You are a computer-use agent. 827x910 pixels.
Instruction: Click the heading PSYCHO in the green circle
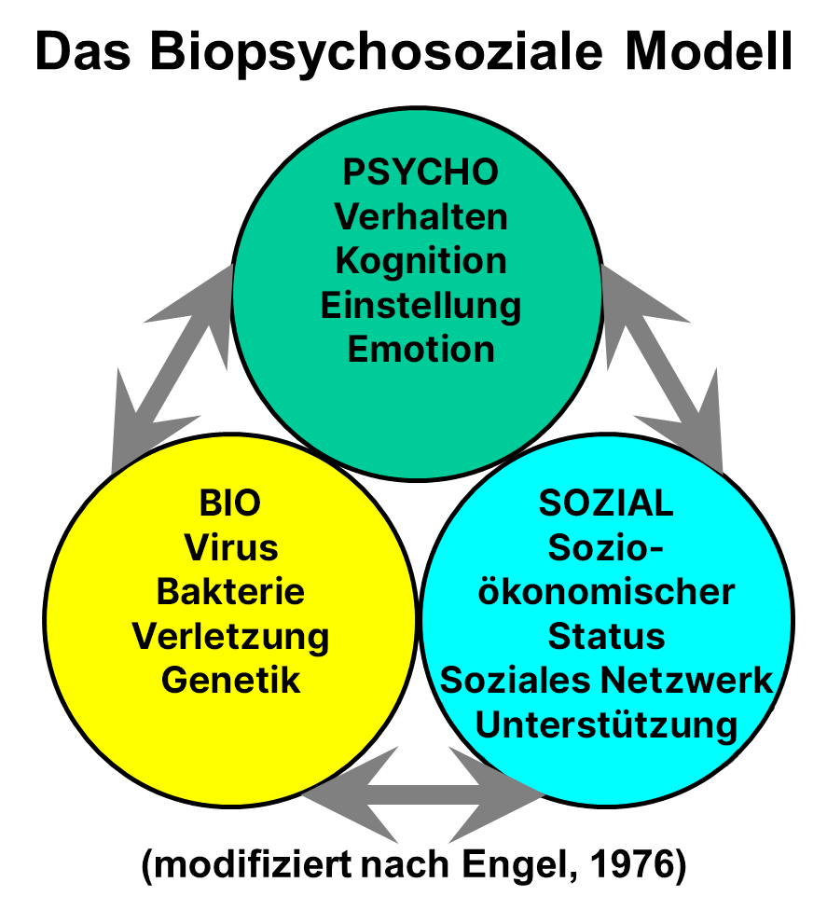pyautogui.click(x=420, y=172)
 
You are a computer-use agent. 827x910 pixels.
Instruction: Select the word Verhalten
pyautogui.click(x=420, y=217)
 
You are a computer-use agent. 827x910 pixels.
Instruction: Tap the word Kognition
pyautogui.click(x=420, y=261)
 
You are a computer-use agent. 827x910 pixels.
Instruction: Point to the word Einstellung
pyautogui.click(x=420, y=306)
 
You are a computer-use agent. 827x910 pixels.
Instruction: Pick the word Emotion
pyautogui.click(x=420, y=351)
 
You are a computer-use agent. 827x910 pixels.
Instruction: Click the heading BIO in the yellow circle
pyautogui.click(x=230, y=503)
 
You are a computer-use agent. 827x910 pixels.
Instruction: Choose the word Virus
pyautogui.click(x=230, y=547)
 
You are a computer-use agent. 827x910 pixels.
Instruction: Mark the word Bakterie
pyautogui.click(x=230, y=592)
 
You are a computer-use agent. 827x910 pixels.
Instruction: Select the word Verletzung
pyautogui.click(x=230, y=637)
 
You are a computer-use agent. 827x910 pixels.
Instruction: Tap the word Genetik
pyautogui.click(x=230, y=681)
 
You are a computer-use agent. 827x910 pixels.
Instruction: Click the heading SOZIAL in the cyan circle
pyautogui.click(x=606, y=503)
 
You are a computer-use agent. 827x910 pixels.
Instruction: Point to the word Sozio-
pyautogui.click(x=606, y=547)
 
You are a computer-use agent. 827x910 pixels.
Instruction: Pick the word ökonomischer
pyautogui.click(x=606, y=592)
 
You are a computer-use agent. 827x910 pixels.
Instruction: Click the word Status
pyautogui.click(x=606, y=637)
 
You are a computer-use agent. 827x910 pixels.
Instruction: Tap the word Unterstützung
pyautogui.click(x=606, y=725)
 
